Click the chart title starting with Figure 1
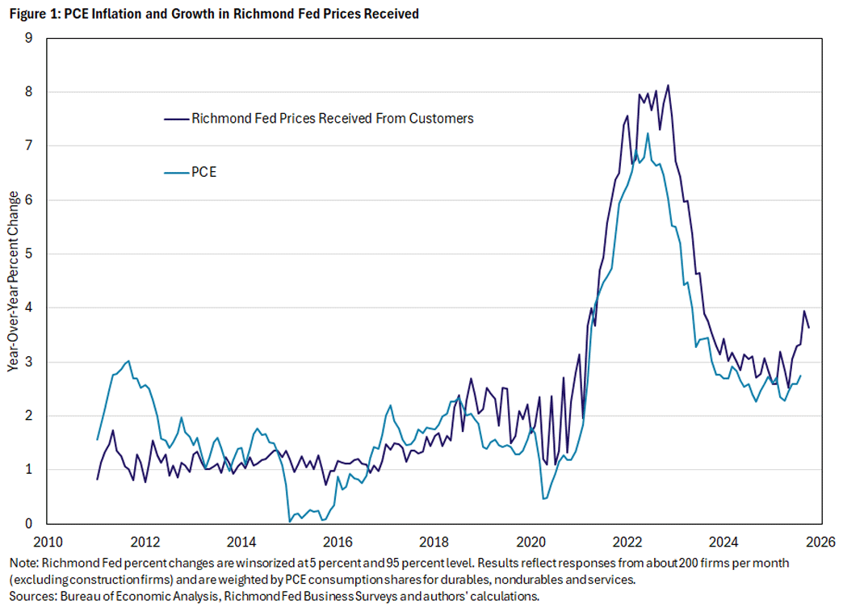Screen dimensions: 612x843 click(214, 15)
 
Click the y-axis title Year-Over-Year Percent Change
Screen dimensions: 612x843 click(13, 280)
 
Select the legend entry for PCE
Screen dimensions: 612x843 click(204, 171)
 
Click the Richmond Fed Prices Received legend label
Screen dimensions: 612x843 click(332, 118)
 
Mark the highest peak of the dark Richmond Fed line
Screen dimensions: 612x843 click(668, 86)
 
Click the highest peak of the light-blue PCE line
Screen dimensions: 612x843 click(648, 133)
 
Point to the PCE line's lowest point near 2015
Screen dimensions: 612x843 click(290, 521)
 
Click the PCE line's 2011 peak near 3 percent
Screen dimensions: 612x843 click(128, 361)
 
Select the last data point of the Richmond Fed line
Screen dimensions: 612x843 click(809, 327)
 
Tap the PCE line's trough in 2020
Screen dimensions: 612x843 click(543, 498)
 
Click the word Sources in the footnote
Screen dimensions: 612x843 click(29, 596)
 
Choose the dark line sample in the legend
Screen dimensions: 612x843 click(174, 118)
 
